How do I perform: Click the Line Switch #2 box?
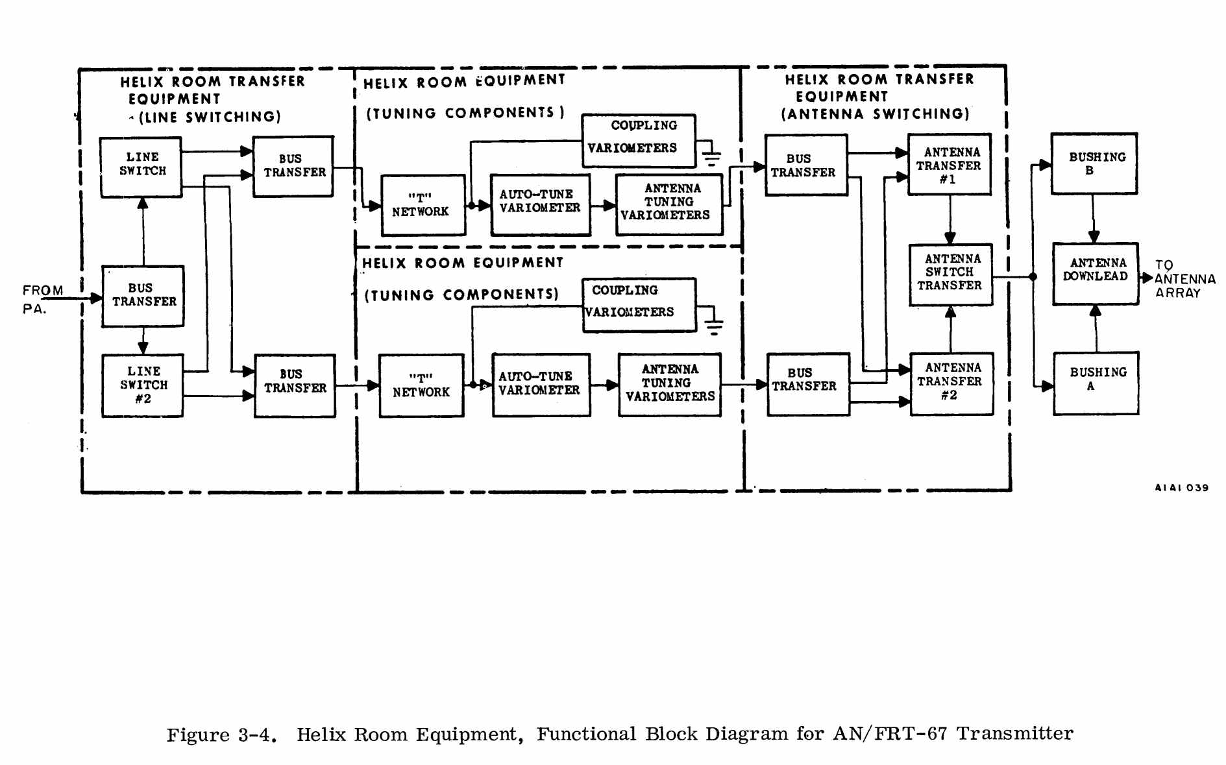143,385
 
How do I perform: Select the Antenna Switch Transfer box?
950,274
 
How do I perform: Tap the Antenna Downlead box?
1095,273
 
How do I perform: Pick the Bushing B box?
1094,164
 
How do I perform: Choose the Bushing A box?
1096,383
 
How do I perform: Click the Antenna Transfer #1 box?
949,165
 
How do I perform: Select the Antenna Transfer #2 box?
951,383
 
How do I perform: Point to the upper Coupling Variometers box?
638,140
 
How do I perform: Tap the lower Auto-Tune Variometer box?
541,385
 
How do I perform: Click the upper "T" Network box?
423,205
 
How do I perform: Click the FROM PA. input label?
42,299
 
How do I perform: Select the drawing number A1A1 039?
1181,488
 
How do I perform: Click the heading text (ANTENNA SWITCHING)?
875,114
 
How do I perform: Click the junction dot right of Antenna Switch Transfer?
1033,277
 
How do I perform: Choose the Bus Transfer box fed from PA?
143,296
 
